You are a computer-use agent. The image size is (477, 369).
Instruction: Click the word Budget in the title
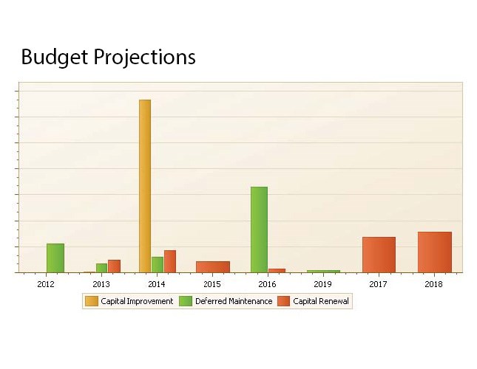53,57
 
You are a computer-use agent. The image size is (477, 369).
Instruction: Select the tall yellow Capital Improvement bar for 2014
145,186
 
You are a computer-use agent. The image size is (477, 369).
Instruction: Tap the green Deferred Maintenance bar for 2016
259,230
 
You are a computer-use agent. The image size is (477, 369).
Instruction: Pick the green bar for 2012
55,258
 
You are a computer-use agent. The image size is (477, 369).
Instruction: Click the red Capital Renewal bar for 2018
434,252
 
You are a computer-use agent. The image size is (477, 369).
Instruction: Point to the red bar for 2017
379,255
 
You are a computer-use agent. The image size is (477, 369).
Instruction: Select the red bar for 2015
212,266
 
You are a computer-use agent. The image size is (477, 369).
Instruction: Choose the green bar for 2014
158,264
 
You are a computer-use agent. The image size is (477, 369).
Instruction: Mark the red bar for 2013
114,266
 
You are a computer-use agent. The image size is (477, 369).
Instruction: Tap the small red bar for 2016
277,270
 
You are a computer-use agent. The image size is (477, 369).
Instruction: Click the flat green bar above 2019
323,271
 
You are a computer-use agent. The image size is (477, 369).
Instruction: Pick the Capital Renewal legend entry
314,301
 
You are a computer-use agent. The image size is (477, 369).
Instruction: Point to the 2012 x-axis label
46,283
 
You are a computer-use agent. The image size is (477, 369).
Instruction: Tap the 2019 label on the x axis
322,283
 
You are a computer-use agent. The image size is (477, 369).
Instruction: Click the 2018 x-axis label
433,283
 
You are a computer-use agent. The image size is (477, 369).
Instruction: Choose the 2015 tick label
212,283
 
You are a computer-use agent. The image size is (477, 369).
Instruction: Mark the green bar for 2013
101,268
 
